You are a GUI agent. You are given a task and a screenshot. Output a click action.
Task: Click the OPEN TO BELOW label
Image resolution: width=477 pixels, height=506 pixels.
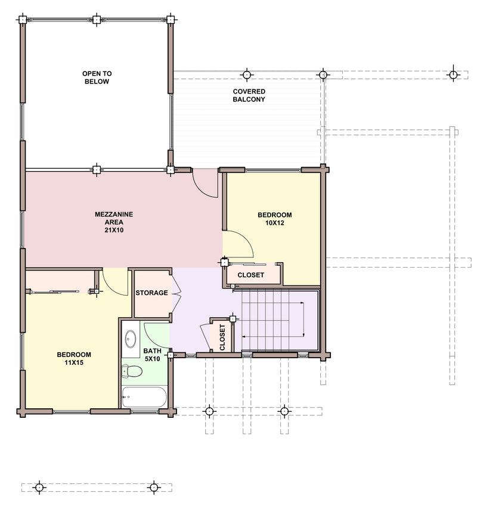(x=97, y=77)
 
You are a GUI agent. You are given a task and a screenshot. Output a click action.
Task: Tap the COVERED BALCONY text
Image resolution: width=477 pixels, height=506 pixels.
(x=249, y=95)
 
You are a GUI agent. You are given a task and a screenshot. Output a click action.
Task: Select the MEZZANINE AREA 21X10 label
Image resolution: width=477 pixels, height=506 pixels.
(x=114, y=222)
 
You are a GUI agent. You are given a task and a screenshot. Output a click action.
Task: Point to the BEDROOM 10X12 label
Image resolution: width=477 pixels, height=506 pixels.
(x=275, y=219)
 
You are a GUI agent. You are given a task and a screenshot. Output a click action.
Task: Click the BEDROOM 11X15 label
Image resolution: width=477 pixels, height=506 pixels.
(x=74, y=359)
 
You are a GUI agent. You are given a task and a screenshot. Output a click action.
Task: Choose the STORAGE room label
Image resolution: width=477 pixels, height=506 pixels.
(x=151, y=293)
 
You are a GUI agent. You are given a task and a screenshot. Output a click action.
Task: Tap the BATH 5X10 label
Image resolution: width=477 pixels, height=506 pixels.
(x=152, y=355)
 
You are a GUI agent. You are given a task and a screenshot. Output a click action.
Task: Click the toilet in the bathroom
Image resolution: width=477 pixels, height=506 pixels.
(x=132, y=371)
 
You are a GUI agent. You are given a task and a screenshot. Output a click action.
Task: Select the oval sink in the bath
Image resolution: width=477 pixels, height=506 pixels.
(x=131, y=339)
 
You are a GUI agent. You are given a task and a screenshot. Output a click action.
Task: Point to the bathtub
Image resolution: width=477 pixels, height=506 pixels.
(x=144, y=397)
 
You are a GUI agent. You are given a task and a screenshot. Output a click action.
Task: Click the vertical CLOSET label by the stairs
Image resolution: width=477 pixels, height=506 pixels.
(x=222, y=337)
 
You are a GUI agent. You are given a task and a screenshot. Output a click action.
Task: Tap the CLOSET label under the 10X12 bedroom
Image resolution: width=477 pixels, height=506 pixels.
(x=251, y=275)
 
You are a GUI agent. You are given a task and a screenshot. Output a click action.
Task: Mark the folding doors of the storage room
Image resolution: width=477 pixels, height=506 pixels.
(x=175, y=293)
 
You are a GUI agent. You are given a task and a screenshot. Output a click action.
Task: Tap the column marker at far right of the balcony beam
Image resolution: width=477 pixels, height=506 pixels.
(x=453, y=75)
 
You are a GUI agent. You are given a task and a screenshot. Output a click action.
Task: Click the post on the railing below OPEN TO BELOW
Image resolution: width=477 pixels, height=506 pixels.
(x=97, y=169)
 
